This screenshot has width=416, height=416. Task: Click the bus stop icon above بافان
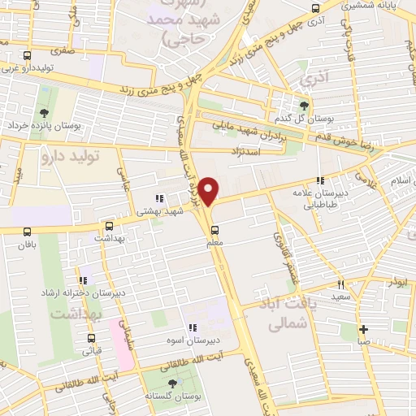28,231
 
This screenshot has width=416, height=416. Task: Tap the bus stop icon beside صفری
28,56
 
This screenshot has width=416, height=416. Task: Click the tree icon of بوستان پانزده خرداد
42,112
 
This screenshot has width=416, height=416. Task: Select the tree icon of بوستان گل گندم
305,105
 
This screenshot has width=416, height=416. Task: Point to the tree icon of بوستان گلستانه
171,383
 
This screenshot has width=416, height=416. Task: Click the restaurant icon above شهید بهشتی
159,198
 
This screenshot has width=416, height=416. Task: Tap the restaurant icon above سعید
340,285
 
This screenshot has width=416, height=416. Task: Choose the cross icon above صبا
363,330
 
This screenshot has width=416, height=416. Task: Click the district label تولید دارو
82,158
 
